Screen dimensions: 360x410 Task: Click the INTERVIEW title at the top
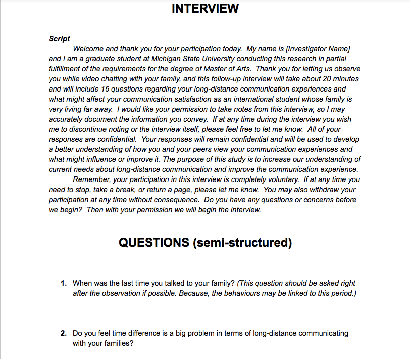coord(205,9)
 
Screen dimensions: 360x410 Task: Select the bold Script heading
coord(59,39)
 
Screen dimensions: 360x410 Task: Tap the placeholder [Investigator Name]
coord(318,49)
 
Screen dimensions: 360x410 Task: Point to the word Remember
coord(92,179)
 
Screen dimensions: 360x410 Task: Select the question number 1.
coord(64,283)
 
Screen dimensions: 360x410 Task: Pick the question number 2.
coord(64,333)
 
